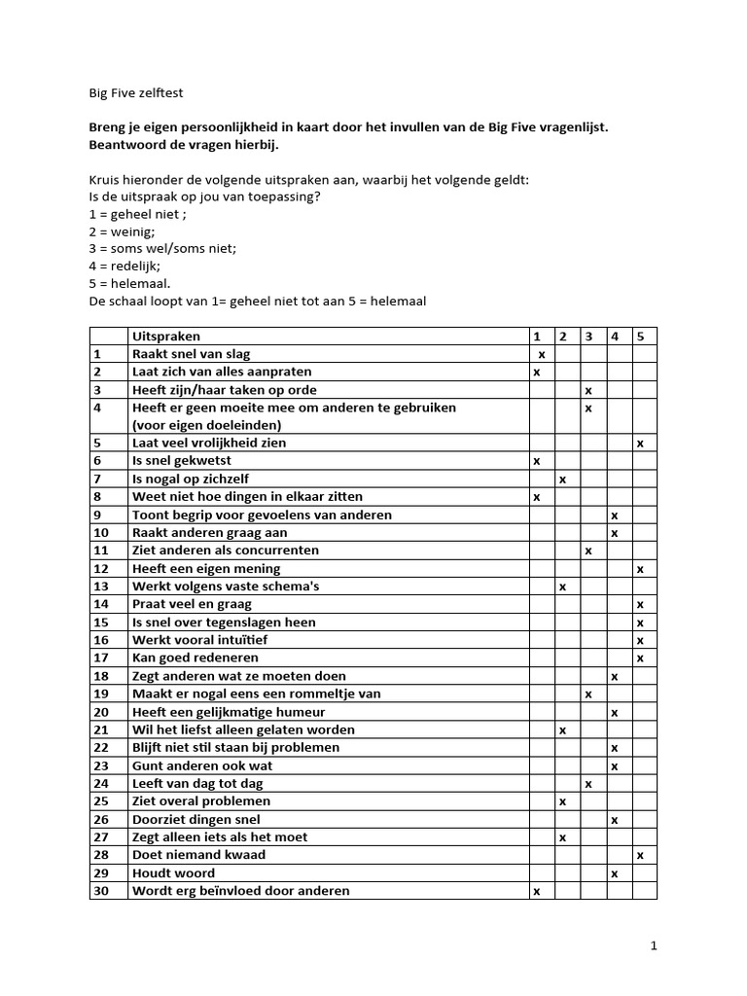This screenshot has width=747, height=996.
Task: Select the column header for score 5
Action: pyautogui.click(x=640, y=336)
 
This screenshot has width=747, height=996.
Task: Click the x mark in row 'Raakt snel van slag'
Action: pyautogui.click(x=542, y=354)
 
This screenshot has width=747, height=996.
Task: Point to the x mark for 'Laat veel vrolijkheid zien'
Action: pyautogui.click(x=640, y=443)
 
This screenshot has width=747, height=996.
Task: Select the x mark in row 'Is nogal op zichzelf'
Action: pyautogui.click(x=562, y=479)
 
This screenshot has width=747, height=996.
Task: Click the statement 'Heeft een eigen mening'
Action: pyautogui.click(x=206, y=568)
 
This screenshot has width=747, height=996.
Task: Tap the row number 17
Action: pyautogui.click(x=100, y=658)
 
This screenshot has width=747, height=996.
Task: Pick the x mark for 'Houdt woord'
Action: pyautogui.click(x=614, y=872)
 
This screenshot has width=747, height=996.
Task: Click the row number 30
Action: pyautogui.click(x=100, y=891)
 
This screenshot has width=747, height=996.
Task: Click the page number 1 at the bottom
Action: pyautogui.click(x=654, y=944)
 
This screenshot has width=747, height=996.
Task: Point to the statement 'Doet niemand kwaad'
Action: pyautogui.click(x=198, y=855)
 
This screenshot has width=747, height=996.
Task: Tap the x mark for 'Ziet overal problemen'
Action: pyautogui.click(x=562, y=801)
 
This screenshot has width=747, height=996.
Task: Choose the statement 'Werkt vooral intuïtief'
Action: pyautogui.click(x=204, y=640)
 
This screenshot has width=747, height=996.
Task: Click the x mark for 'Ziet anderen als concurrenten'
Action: pyautogui.click(x=588, y=551)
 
